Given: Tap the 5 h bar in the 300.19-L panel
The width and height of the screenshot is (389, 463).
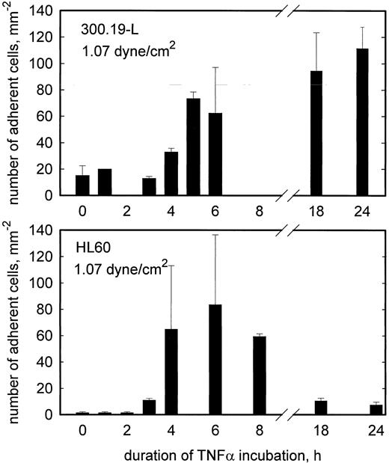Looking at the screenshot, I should pos(193,147).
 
